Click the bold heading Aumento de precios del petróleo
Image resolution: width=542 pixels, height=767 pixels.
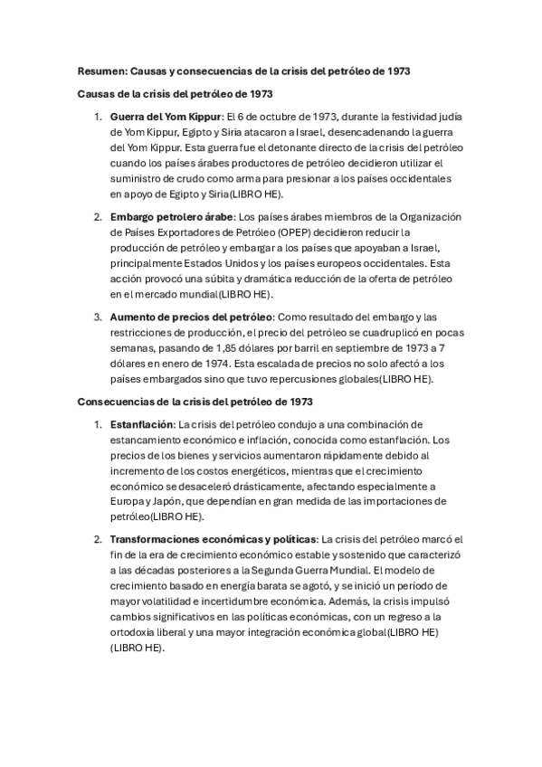click(x=191, y=317)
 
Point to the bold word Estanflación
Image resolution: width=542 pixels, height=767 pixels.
click(x=142, y=423)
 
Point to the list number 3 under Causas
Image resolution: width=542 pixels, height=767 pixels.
click(x=98, y=317)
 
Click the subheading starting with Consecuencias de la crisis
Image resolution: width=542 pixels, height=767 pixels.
click(x=195, y=401)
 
